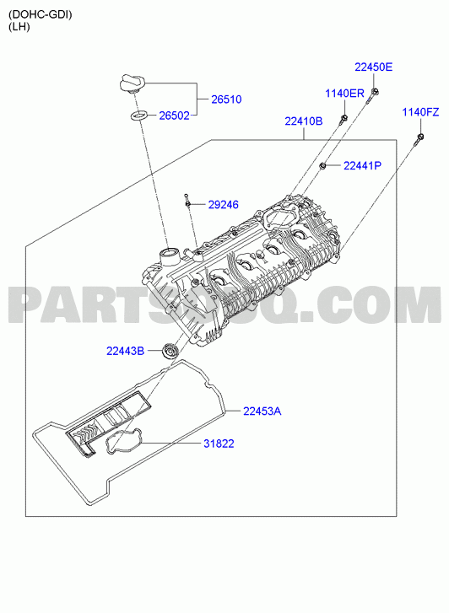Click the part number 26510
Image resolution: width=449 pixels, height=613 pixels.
point(226,99)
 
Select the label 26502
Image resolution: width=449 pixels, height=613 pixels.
point(174,116)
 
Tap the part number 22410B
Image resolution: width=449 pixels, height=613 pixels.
point(304,121)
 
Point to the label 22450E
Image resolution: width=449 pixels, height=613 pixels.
point(373,67)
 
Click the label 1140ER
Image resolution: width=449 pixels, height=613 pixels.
point(345,94)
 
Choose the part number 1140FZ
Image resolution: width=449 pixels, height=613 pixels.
point(421,112)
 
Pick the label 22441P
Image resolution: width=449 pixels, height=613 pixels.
point(362,166)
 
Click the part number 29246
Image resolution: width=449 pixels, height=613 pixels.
point(223,205)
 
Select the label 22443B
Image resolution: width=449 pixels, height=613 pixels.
point(125,351)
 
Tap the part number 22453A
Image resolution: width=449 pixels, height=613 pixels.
point(262,411)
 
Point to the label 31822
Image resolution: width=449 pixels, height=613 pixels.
point(219,444)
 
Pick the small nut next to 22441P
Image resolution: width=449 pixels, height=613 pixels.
point(323,166)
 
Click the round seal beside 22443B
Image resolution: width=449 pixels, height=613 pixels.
point(170,350)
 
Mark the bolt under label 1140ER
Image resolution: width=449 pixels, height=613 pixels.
point(344,119)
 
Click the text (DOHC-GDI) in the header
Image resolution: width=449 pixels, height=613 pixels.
point(41,15)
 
